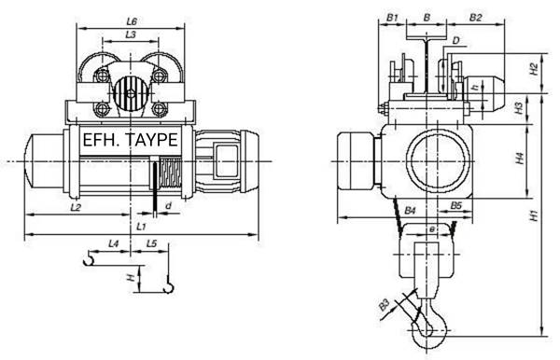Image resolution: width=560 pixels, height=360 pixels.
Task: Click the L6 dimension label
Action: tap(132, 21)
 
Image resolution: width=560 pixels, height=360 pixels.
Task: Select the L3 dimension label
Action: tap(131, 35)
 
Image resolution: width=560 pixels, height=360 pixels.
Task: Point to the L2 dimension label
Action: tap(76, 207)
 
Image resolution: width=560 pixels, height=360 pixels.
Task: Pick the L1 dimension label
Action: tap(142, 227)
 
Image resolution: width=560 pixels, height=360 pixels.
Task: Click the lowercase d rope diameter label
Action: tap(169, 206)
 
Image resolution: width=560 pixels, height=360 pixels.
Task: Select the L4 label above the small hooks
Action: tap(113, 243)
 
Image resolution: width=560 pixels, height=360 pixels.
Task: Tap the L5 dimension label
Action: tap(152, 243)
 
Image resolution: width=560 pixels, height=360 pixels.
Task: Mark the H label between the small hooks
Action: tap(133, 277)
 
